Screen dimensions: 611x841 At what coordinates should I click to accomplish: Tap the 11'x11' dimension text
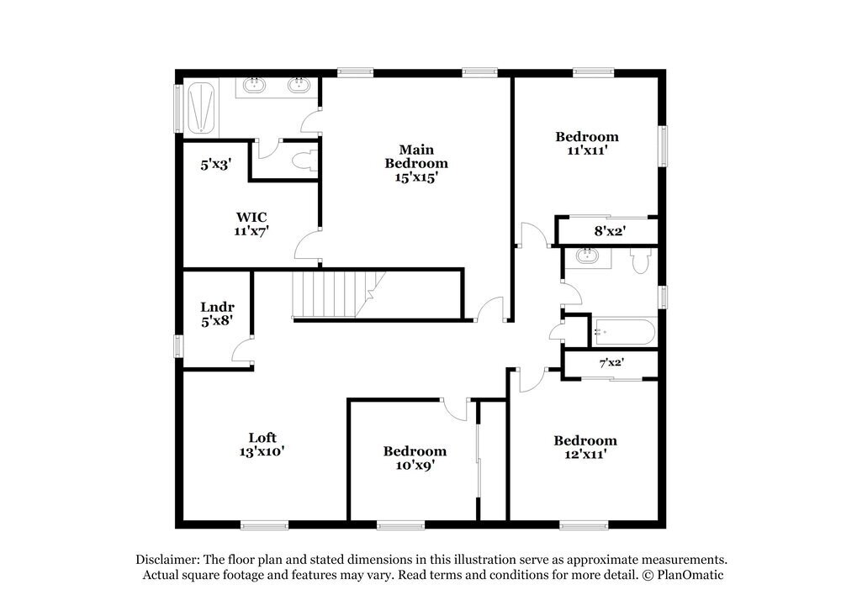pos(587,151)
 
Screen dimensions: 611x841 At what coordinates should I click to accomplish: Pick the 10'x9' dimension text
pos(415,465)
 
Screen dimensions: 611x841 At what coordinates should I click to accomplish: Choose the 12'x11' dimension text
pos(584,455)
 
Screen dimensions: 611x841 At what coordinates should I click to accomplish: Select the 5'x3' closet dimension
pos(215,165)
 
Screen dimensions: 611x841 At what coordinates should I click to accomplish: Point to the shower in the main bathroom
pos(199,107)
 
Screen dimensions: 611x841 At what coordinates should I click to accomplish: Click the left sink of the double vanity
pos(255,86)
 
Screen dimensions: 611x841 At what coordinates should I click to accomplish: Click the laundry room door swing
pos(243,350)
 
